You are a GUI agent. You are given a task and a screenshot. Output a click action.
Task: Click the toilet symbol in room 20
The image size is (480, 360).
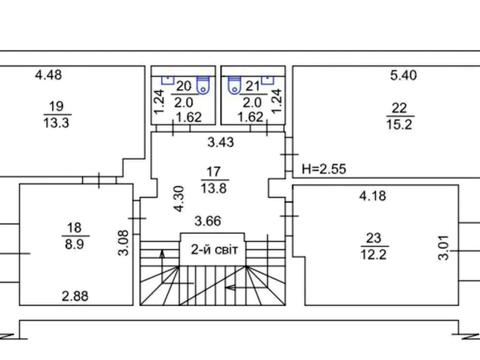(x=203, y=85)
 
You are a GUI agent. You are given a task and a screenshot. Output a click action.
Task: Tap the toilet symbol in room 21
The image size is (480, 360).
(x=234, y=85)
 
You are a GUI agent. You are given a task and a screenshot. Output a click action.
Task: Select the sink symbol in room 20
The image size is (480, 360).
(x=168, y=80)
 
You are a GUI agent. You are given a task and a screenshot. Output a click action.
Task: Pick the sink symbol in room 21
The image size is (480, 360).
(x=268, y=80)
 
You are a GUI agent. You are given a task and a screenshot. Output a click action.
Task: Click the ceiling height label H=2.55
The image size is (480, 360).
(x=324, y=169)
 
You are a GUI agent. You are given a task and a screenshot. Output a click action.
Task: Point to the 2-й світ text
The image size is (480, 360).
(x=214, y=249)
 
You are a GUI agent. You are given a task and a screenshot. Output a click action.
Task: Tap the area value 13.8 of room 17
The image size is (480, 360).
(x=214, y=189)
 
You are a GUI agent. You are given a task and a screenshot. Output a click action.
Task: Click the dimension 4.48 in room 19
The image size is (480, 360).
(x=48, y=75)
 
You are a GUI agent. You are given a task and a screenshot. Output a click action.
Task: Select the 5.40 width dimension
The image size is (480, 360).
(x=403, y=75)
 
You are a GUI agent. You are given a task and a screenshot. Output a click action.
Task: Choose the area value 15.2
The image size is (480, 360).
(x=399, y=125)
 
